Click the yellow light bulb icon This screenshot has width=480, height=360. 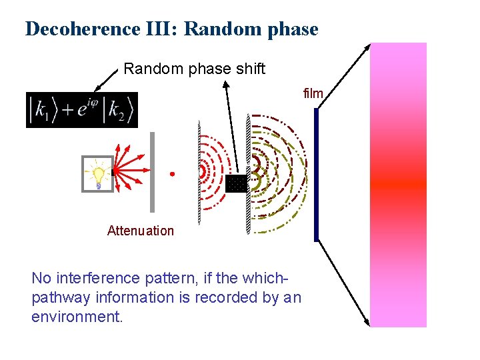click(98, 175)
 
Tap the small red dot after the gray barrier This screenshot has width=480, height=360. click(171, 174)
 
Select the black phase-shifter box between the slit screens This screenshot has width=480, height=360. click(236, 183)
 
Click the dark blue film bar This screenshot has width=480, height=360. click(317, 175)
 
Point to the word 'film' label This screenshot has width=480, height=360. click(313, 94)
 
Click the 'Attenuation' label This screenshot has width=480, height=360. click(140, 231)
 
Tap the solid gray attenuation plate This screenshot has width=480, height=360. click(152, 172)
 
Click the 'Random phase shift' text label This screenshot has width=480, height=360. click(194, 69)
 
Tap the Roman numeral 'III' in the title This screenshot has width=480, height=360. click(165, 29)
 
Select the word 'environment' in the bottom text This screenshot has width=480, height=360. click(76, 316)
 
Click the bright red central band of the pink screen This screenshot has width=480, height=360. click(398, 184)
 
